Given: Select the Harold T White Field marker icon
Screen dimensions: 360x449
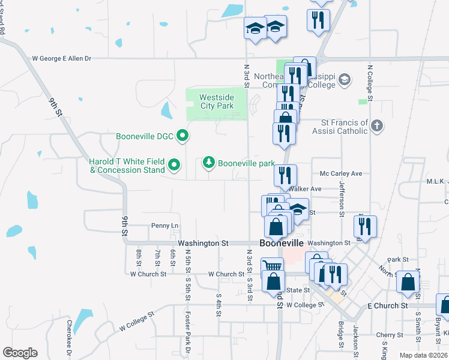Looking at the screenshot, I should point(174,164).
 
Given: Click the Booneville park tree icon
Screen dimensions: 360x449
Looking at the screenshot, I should point(209,163).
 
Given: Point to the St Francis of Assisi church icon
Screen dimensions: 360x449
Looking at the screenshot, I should point(376,126).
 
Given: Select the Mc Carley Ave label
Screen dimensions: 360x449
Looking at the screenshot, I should point(341,173).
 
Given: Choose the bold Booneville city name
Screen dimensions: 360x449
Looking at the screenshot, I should point(282,243).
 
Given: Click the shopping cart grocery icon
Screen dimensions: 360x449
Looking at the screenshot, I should point(272,266).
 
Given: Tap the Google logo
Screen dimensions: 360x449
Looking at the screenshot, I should point(20,353).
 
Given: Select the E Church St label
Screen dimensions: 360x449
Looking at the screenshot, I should point(388,305).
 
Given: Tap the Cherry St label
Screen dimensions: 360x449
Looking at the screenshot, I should point(391,335).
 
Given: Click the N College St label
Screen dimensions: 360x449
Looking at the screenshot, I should point(370,84).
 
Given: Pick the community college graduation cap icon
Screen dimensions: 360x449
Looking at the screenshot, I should point(345,79).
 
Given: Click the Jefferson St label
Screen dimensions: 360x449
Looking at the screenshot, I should point(342,199).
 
